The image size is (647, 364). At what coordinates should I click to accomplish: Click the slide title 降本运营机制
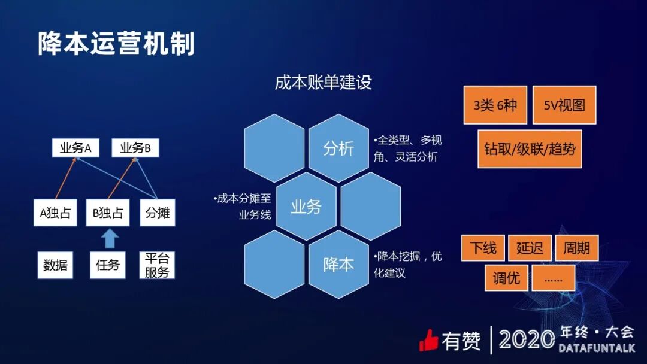click(116, 44)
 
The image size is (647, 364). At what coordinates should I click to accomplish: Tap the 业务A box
click(75, 148)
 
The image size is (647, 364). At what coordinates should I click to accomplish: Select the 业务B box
click(135, 148)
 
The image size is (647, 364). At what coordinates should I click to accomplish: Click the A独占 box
click(55, 213)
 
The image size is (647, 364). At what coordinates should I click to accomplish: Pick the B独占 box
click(108, 213)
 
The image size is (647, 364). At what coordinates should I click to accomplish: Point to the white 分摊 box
click(158, 213)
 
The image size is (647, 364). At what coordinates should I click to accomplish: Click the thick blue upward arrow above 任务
click(108, 238)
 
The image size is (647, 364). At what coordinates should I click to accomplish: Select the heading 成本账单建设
click(323, 82)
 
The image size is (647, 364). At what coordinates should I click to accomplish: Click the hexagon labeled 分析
click(338, 148)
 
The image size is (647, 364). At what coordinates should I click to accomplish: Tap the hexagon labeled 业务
click(306, 207)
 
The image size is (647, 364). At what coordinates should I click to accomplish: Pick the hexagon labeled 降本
click(338, 265)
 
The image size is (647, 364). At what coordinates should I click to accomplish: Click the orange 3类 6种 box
click(495, 105)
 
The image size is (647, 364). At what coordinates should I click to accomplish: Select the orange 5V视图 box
click(564, 105)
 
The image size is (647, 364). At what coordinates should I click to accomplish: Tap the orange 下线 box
click(483, 248)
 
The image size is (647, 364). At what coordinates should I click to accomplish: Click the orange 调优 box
click(506, 278)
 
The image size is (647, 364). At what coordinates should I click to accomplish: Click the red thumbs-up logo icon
click(429, 340)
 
